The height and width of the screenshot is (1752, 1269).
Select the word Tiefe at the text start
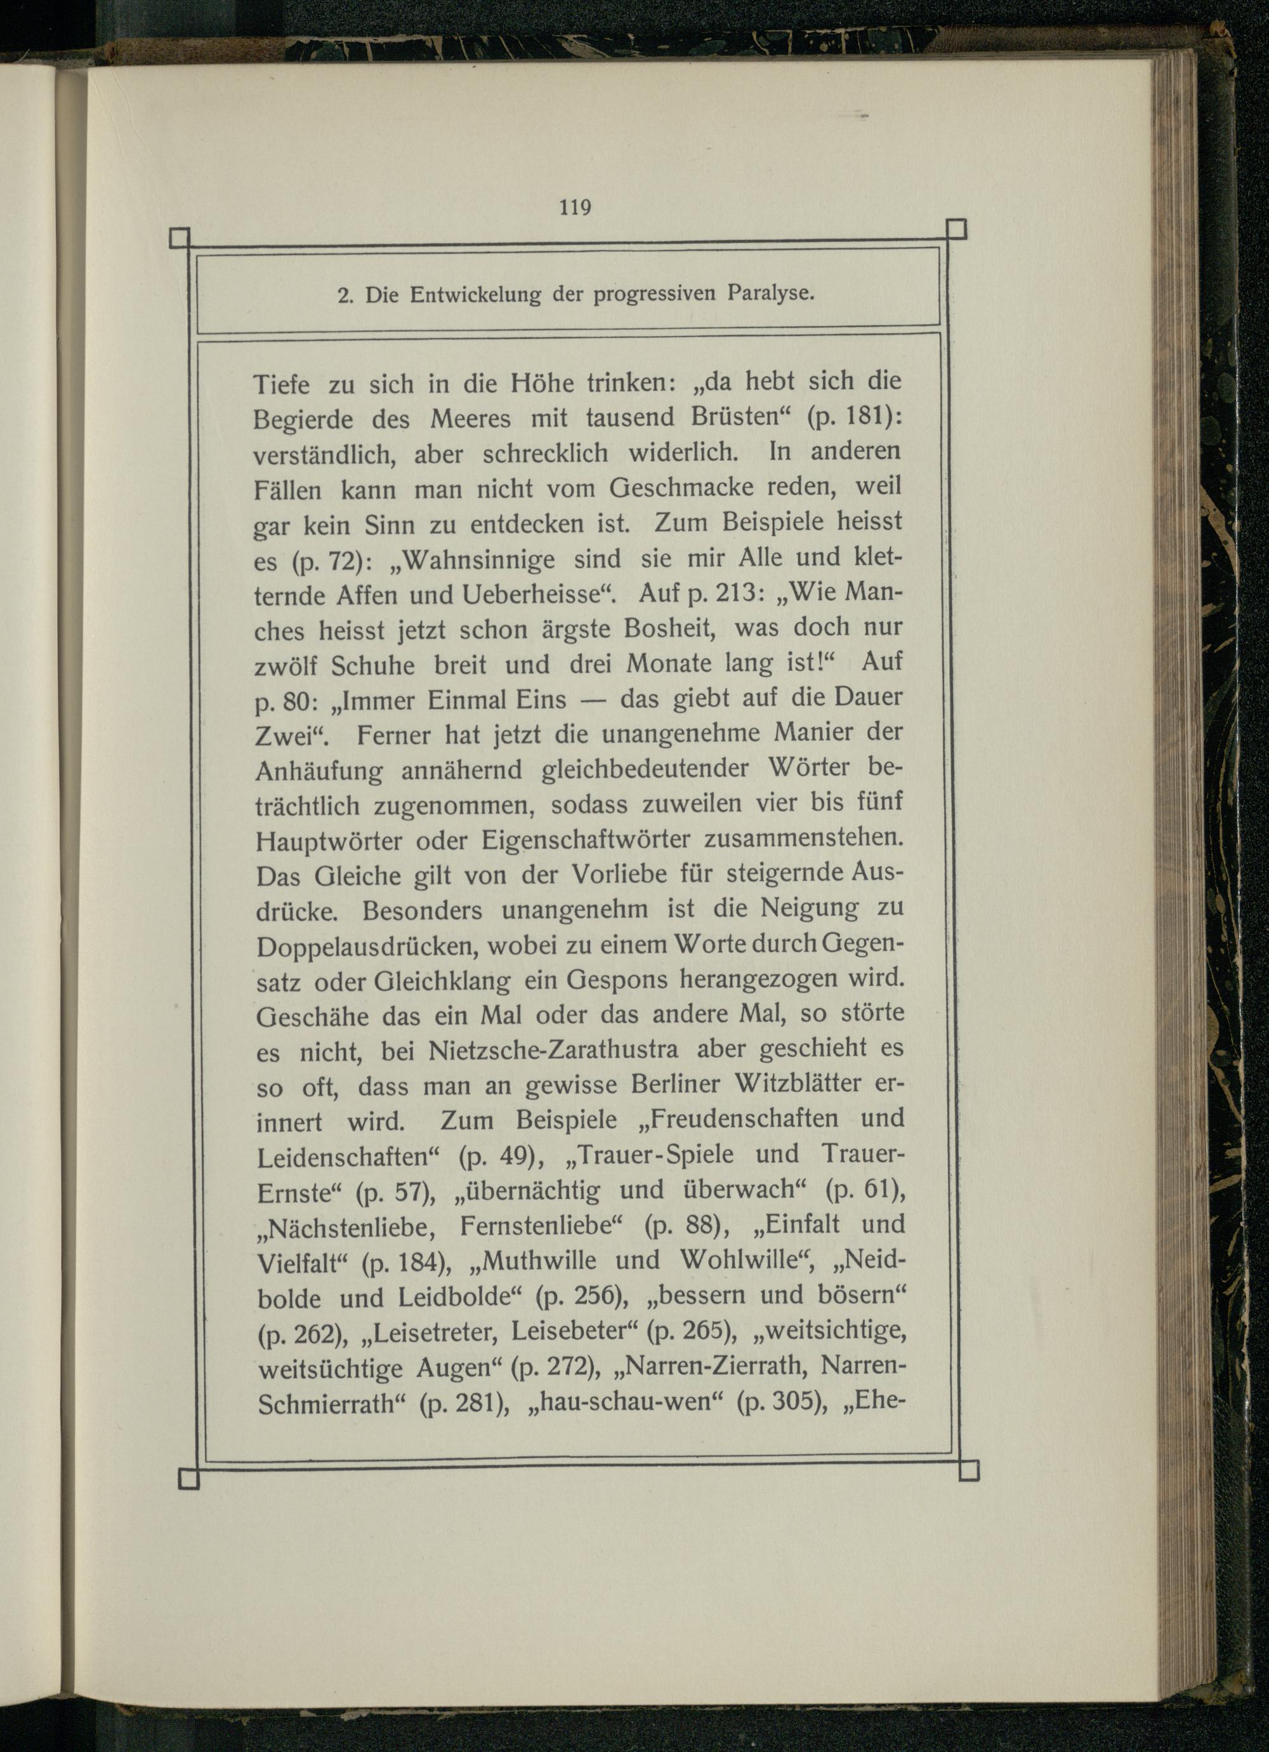tap(281, 384)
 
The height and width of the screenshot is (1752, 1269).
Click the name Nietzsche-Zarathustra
tap(553, 1051)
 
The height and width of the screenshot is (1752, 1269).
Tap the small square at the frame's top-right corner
tap(956, 229)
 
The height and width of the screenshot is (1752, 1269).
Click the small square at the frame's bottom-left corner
tap(188, 1478)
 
